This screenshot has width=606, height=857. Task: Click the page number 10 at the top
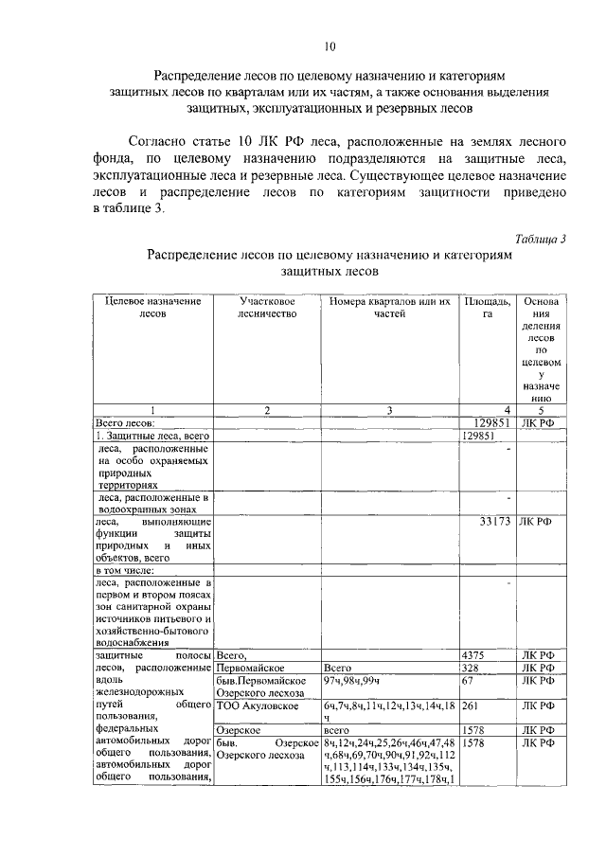click(x=330, y=46)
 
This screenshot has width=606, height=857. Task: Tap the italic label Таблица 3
click(x=540, y=238)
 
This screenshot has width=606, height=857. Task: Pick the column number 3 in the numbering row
click(x=389, y=410)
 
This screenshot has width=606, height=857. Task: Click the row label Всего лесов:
click(x=126, y=422)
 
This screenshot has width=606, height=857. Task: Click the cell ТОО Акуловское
click(x=258, y=705)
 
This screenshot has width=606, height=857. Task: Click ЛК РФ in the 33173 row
click(x=535, y=521)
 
